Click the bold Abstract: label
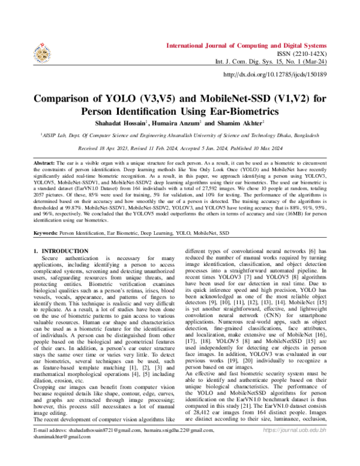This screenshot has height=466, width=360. pos(44,164)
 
